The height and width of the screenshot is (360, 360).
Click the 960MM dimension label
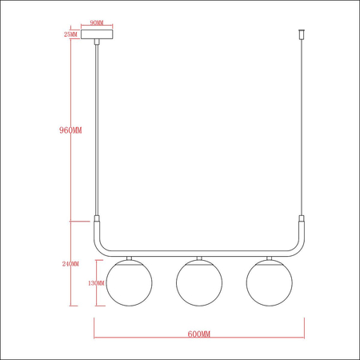click(x=71, y=129)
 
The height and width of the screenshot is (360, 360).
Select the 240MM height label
click(x=70, y=263)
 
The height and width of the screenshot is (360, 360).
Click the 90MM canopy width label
click(x=97, y=24)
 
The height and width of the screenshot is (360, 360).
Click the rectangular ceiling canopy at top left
click(x=97, y=36)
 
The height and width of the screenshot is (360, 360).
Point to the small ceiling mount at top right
click(x=302, y=36)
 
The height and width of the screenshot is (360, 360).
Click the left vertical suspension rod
click(x=98, y=128)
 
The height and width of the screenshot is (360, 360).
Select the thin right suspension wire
click(x=302, y=128)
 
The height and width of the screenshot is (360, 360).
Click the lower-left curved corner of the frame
click(x=102, y=245)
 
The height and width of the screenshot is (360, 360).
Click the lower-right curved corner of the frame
click(x=298, y=245)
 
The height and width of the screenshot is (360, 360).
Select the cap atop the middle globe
click(x=199, y=258)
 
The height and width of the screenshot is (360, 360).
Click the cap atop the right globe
click(x=269, y=258)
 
